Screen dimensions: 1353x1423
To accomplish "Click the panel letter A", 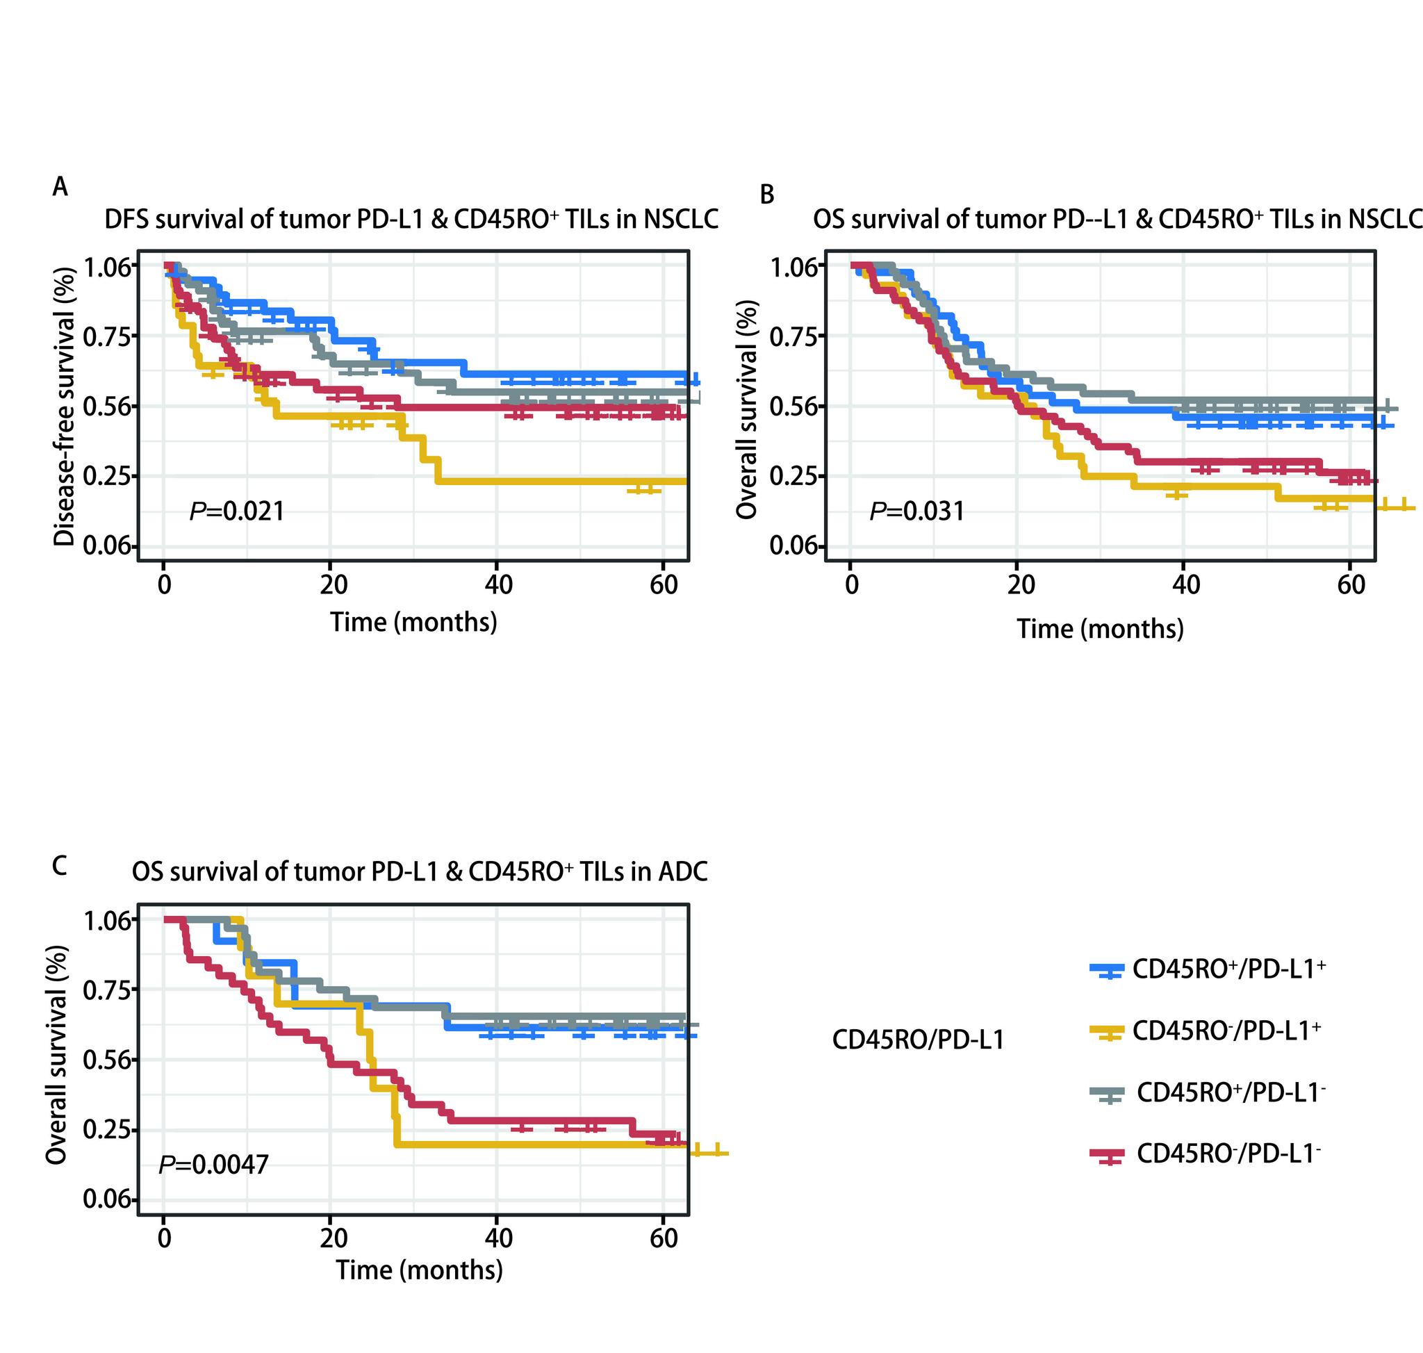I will tap(60, 187).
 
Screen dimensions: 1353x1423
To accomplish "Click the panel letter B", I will tap(766, 194).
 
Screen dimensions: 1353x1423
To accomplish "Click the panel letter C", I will tap(60, 864).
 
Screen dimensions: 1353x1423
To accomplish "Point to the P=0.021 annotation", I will tap(236, 511).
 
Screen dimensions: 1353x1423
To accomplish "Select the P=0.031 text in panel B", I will tap(916, 511).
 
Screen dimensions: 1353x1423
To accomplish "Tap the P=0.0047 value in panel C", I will tap(213, 1164).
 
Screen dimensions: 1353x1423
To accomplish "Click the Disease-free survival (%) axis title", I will tap(65, 407).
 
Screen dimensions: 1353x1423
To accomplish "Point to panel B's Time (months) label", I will tap(1100, 629).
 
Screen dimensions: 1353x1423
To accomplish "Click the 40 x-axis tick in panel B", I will tap(1185, 584).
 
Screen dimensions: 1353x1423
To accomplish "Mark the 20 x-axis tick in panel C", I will tap(333, 1238).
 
